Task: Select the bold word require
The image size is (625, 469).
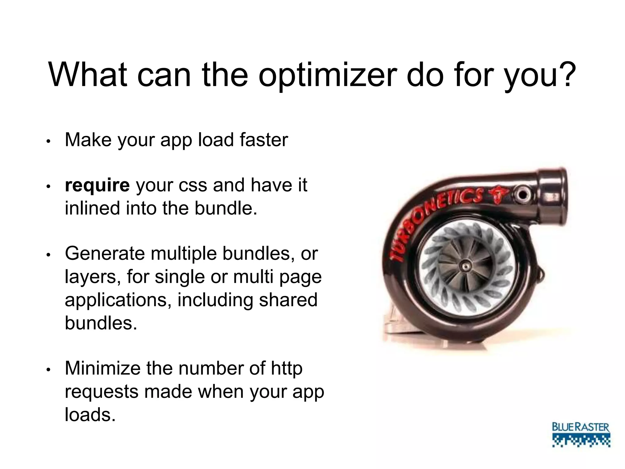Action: [97, 185]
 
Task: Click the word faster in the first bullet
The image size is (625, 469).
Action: [264, 140]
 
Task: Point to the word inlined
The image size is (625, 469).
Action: [92, 208]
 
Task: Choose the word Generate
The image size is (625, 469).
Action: [105, 253]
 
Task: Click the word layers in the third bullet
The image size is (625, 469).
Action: [91, 277]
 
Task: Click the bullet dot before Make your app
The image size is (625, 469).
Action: [48, 141]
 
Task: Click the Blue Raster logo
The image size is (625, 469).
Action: [581, 435]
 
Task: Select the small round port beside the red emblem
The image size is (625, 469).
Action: [522, 194]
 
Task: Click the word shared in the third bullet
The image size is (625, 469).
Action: [288, 300]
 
